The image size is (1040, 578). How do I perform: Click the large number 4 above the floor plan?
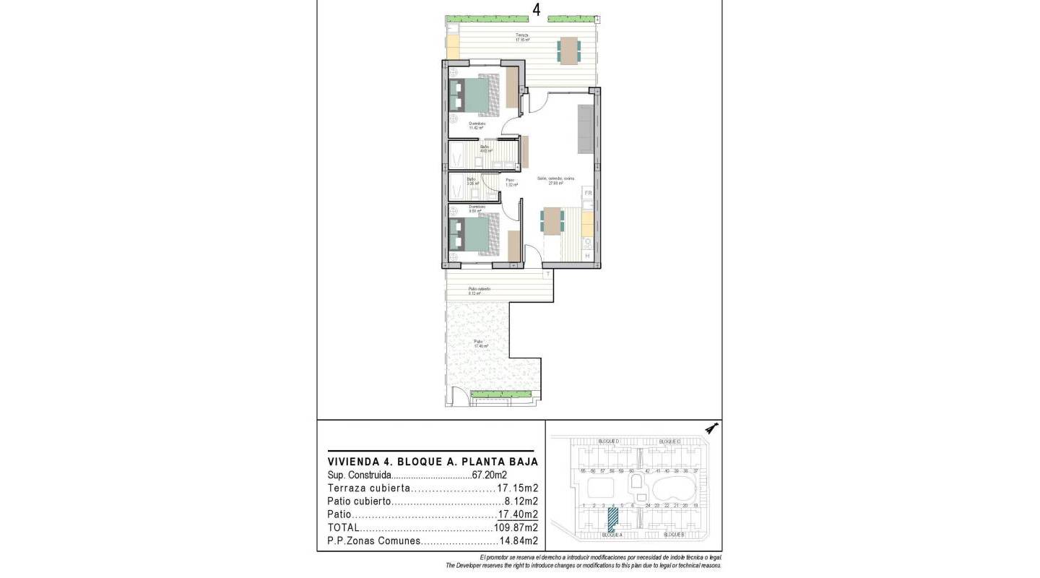(537, 9)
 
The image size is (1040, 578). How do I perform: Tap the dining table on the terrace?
(568, 51)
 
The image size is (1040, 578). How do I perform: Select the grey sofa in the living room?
(585, 129)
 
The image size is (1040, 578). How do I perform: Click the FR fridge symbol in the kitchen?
(588, 194)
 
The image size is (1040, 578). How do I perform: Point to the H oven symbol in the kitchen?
(587, 256)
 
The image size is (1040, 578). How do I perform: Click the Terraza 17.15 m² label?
(522, 38)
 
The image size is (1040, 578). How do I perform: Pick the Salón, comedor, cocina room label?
(555, 181)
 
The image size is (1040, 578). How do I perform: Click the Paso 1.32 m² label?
(510, 182)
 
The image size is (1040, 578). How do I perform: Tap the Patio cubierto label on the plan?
(479, 290)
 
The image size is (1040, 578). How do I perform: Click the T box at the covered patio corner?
(548, 274)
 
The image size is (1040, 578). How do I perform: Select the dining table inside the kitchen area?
(552, 220)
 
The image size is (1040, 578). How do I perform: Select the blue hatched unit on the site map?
(613, 519)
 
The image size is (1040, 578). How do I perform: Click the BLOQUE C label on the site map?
(669, 441)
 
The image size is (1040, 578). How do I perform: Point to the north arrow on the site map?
(712, 428)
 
